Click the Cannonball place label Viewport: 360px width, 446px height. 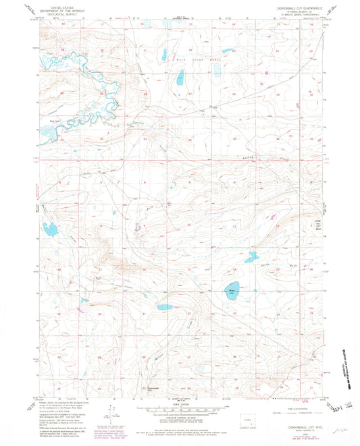click(153, 389)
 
